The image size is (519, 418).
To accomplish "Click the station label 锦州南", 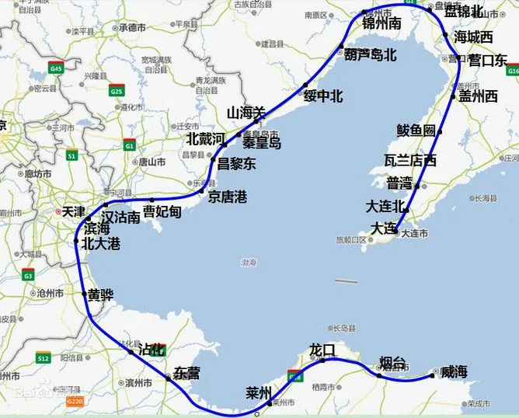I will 382,23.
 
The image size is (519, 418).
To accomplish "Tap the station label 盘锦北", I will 463,12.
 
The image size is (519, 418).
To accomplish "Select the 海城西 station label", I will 473,37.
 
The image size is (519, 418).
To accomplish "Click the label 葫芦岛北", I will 371,55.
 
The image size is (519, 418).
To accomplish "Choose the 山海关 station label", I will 246,113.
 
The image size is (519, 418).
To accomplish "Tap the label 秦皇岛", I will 261,142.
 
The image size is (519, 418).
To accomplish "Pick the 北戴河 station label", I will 205,139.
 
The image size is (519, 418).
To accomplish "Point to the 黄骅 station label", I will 101,295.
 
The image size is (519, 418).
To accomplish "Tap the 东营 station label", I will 187,373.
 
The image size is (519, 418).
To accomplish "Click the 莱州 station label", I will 257,390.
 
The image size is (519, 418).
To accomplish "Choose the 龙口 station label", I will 322,350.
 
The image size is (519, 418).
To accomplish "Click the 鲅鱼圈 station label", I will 416,131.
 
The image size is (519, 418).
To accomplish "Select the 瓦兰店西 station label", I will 410,161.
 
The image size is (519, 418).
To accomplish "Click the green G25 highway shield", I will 117,92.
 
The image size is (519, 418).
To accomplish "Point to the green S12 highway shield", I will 44,358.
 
